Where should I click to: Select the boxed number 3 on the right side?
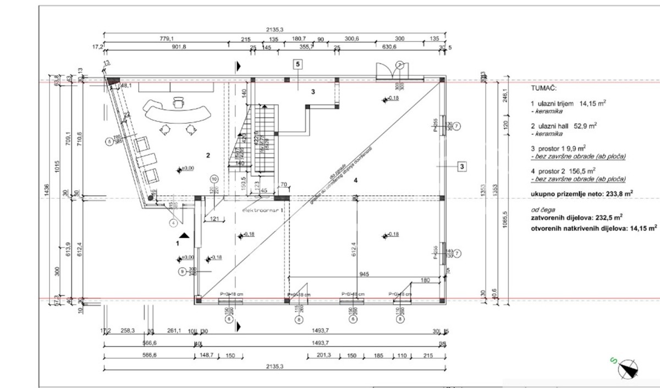463,166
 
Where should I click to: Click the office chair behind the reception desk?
178,102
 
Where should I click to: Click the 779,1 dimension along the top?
166,39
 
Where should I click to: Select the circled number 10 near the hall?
215,178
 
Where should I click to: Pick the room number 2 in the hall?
208,156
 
